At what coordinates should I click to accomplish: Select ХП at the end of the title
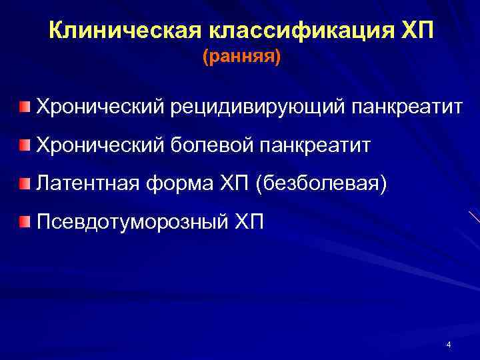click(x=417, y=30)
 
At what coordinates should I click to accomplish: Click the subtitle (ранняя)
click(x=242, y=58)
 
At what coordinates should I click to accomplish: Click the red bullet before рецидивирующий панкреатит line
click(x=24, y=106)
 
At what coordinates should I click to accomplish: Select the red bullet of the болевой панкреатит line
click(x=24, y=145)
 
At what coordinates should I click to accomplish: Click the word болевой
click(x=215, y=145)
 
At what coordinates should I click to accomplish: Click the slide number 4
click(x=449, y=345)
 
